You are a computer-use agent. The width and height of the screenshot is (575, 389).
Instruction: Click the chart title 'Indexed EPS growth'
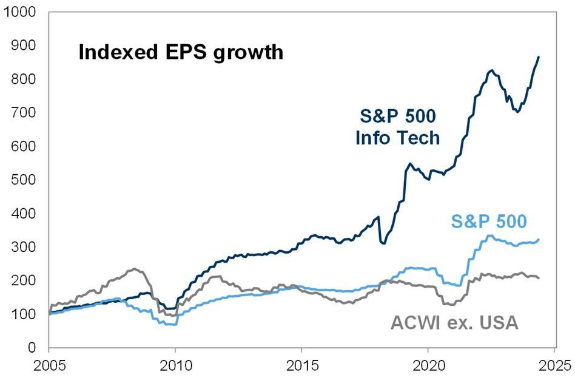(181, 52)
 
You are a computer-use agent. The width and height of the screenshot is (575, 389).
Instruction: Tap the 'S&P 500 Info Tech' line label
(397, 126)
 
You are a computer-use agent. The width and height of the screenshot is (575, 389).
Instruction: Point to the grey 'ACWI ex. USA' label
(454, 322)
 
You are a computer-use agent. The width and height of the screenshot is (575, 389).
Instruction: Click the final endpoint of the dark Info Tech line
(539, 57)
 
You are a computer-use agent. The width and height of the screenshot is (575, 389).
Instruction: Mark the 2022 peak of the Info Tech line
(491, 70)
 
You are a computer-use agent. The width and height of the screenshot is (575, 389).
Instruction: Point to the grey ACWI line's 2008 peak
(135, 269)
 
